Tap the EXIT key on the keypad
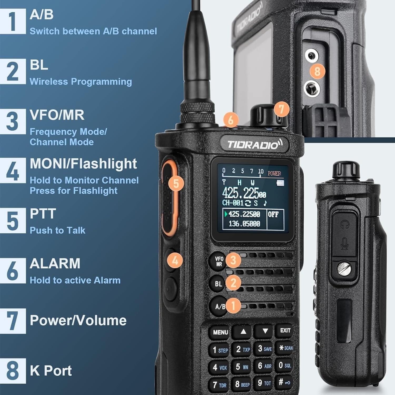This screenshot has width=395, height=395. coord(285,331)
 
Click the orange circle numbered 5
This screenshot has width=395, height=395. coord(176,183)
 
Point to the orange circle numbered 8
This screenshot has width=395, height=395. coord(317,71)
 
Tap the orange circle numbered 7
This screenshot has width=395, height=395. coord(282,109)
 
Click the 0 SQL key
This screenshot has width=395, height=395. coord(285,366)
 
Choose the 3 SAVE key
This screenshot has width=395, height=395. coord(264,349)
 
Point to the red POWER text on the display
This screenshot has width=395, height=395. coord(274,173)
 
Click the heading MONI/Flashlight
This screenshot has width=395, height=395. coord(83,164)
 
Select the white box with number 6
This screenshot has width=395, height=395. coord(13,271)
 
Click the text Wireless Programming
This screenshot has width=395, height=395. coord(81,82)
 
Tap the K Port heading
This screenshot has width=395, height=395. coord(51,371)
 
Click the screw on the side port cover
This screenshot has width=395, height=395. coord(344,269)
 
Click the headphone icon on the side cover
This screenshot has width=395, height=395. coord(344,224)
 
